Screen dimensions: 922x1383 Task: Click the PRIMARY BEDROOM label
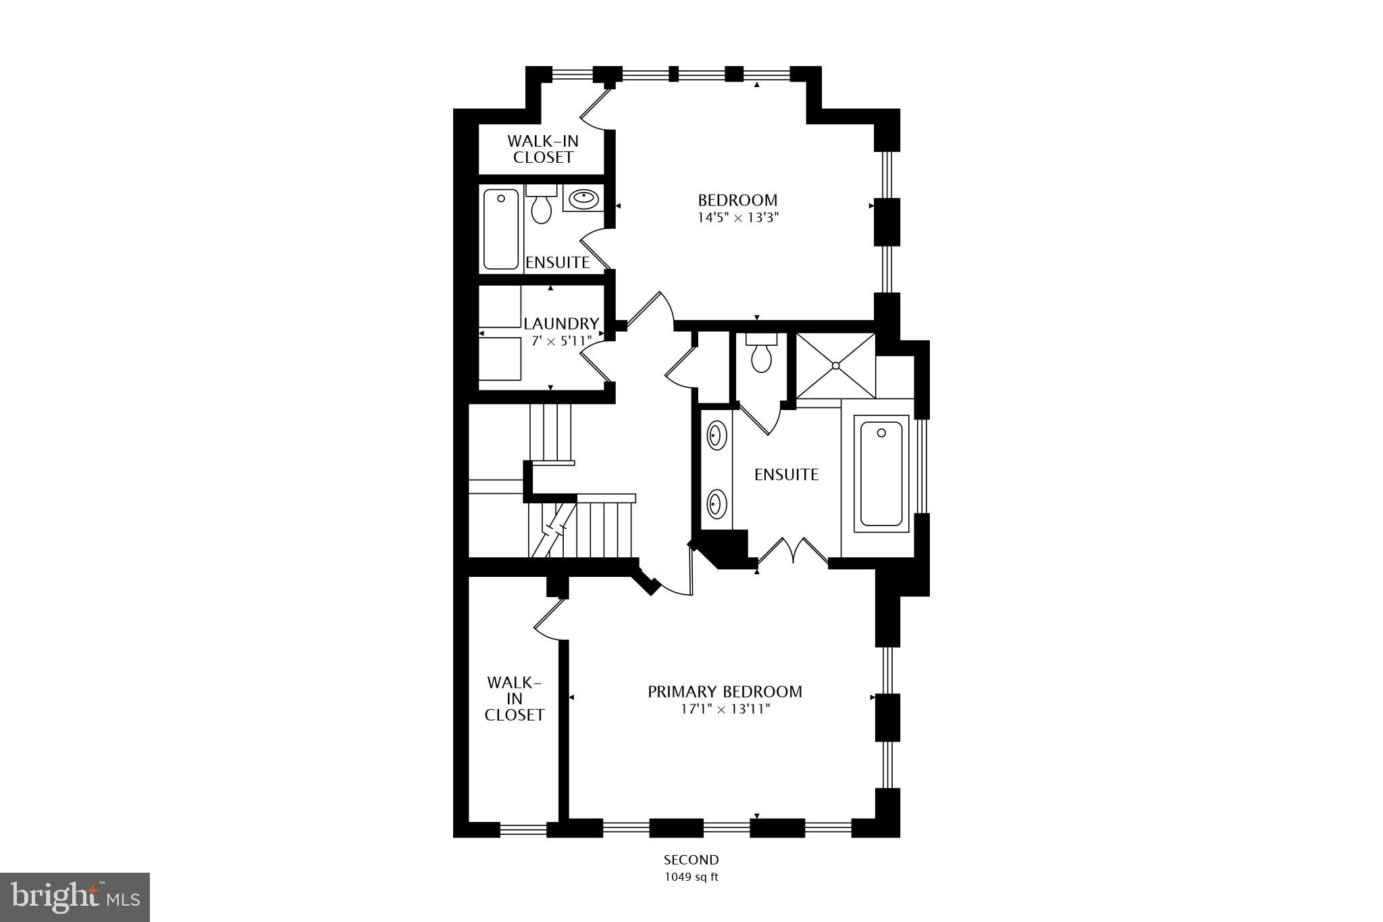coord(725,692)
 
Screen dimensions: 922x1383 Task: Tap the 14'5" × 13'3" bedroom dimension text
coord(737,217)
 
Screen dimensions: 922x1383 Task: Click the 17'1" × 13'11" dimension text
coord(725,709)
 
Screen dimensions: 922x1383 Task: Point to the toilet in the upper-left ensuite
coord(541,205)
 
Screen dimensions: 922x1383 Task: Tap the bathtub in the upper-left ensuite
coord(501,230)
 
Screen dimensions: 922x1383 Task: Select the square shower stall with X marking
coord(835,365)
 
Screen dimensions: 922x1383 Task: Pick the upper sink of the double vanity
coord(716,435)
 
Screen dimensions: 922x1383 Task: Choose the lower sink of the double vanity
coord(716,504)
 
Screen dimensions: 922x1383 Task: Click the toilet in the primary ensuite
coord(761,356)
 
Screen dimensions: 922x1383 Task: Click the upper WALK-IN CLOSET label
coord(543,149)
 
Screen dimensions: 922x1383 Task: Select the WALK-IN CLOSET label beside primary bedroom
coord(514,698)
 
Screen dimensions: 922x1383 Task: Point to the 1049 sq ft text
coord(691,877)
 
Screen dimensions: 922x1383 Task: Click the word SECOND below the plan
coord(691,860)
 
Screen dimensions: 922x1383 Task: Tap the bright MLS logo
coord(75,897)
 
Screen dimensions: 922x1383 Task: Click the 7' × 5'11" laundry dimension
coord(561,340)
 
